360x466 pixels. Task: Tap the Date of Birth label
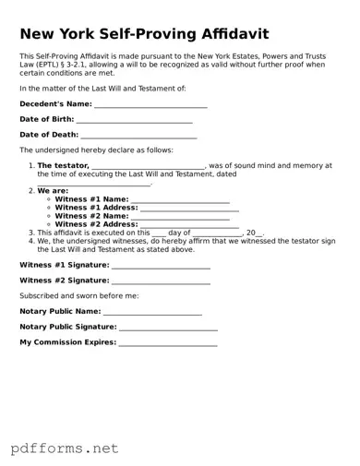47,120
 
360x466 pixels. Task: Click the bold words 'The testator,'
63,166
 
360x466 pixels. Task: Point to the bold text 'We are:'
53,191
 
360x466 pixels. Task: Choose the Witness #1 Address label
96,208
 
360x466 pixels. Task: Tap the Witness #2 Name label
91,216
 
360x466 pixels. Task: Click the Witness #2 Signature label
64,280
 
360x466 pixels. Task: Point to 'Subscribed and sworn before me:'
79,296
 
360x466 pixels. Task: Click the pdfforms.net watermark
65,448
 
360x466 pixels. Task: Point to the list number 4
30,241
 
